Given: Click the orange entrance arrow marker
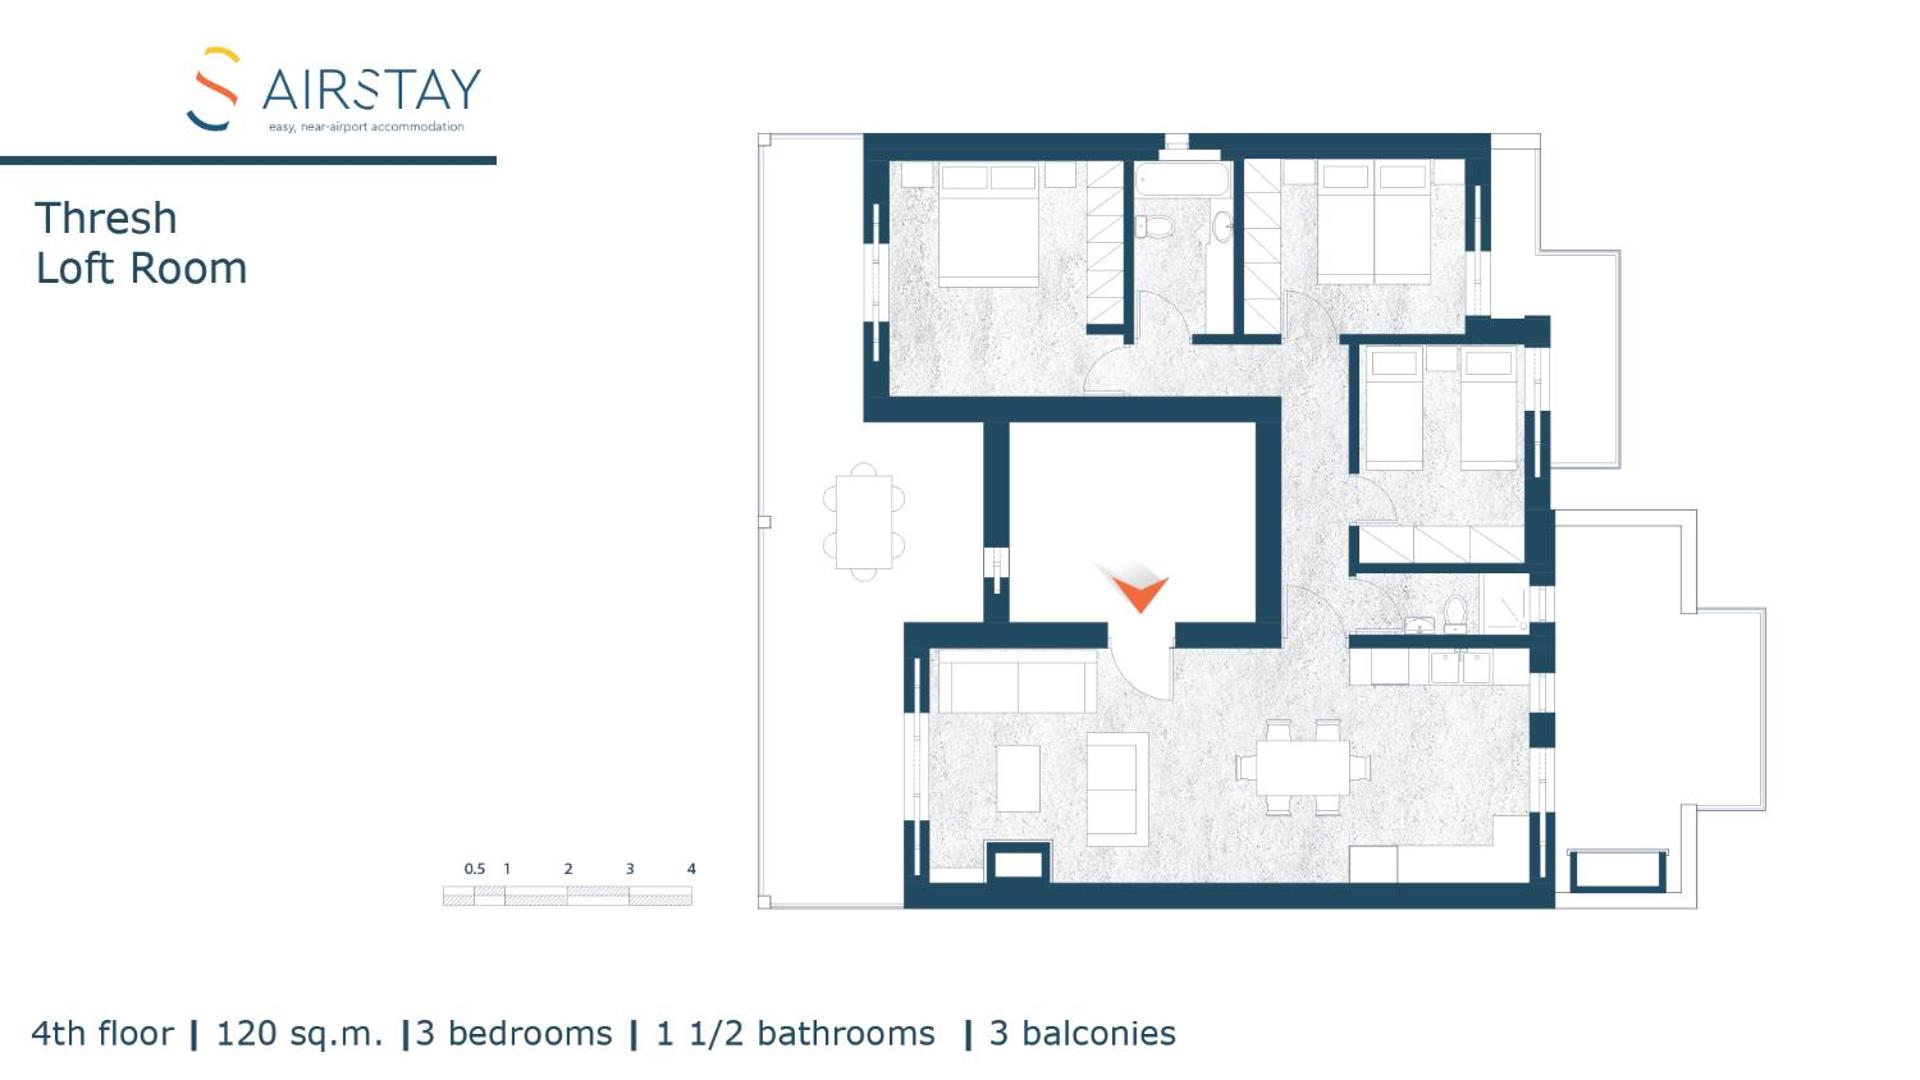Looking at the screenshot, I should [1139, 591].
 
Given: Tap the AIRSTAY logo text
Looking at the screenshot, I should [371, 90].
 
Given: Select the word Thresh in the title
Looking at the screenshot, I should [106, 219].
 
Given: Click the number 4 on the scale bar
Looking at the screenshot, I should [691, 869].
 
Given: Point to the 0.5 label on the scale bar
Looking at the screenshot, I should [474, 869].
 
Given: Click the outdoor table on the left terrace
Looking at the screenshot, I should [864, 521].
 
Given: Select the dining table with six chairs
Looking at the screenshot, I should [1303, 768].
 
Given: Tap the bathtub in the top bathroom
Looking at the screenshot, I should [1182, 180].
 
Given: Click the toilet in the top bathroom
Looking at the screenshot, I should [1156, 227].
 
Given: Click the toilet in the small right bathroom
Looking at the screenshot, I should [1455, 612].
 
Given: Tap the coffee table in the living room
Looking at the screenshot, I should [1018, 778].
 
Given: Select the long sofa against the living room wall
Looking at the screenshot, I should [1016, 686].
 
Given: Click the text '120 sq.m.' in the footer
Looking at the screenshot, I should [299, 1033].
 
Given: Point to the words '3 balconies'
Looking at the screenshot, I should [1082, 1033].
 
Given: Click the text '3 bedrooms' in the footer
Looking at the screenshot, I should [514, 1033].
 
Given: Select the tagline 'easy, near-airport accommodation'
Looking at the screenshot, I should [366, 127].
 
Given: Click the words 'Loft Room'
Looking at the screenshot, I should [141, 269].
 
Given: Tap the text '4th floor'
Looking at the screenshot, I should [102, 1033].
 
